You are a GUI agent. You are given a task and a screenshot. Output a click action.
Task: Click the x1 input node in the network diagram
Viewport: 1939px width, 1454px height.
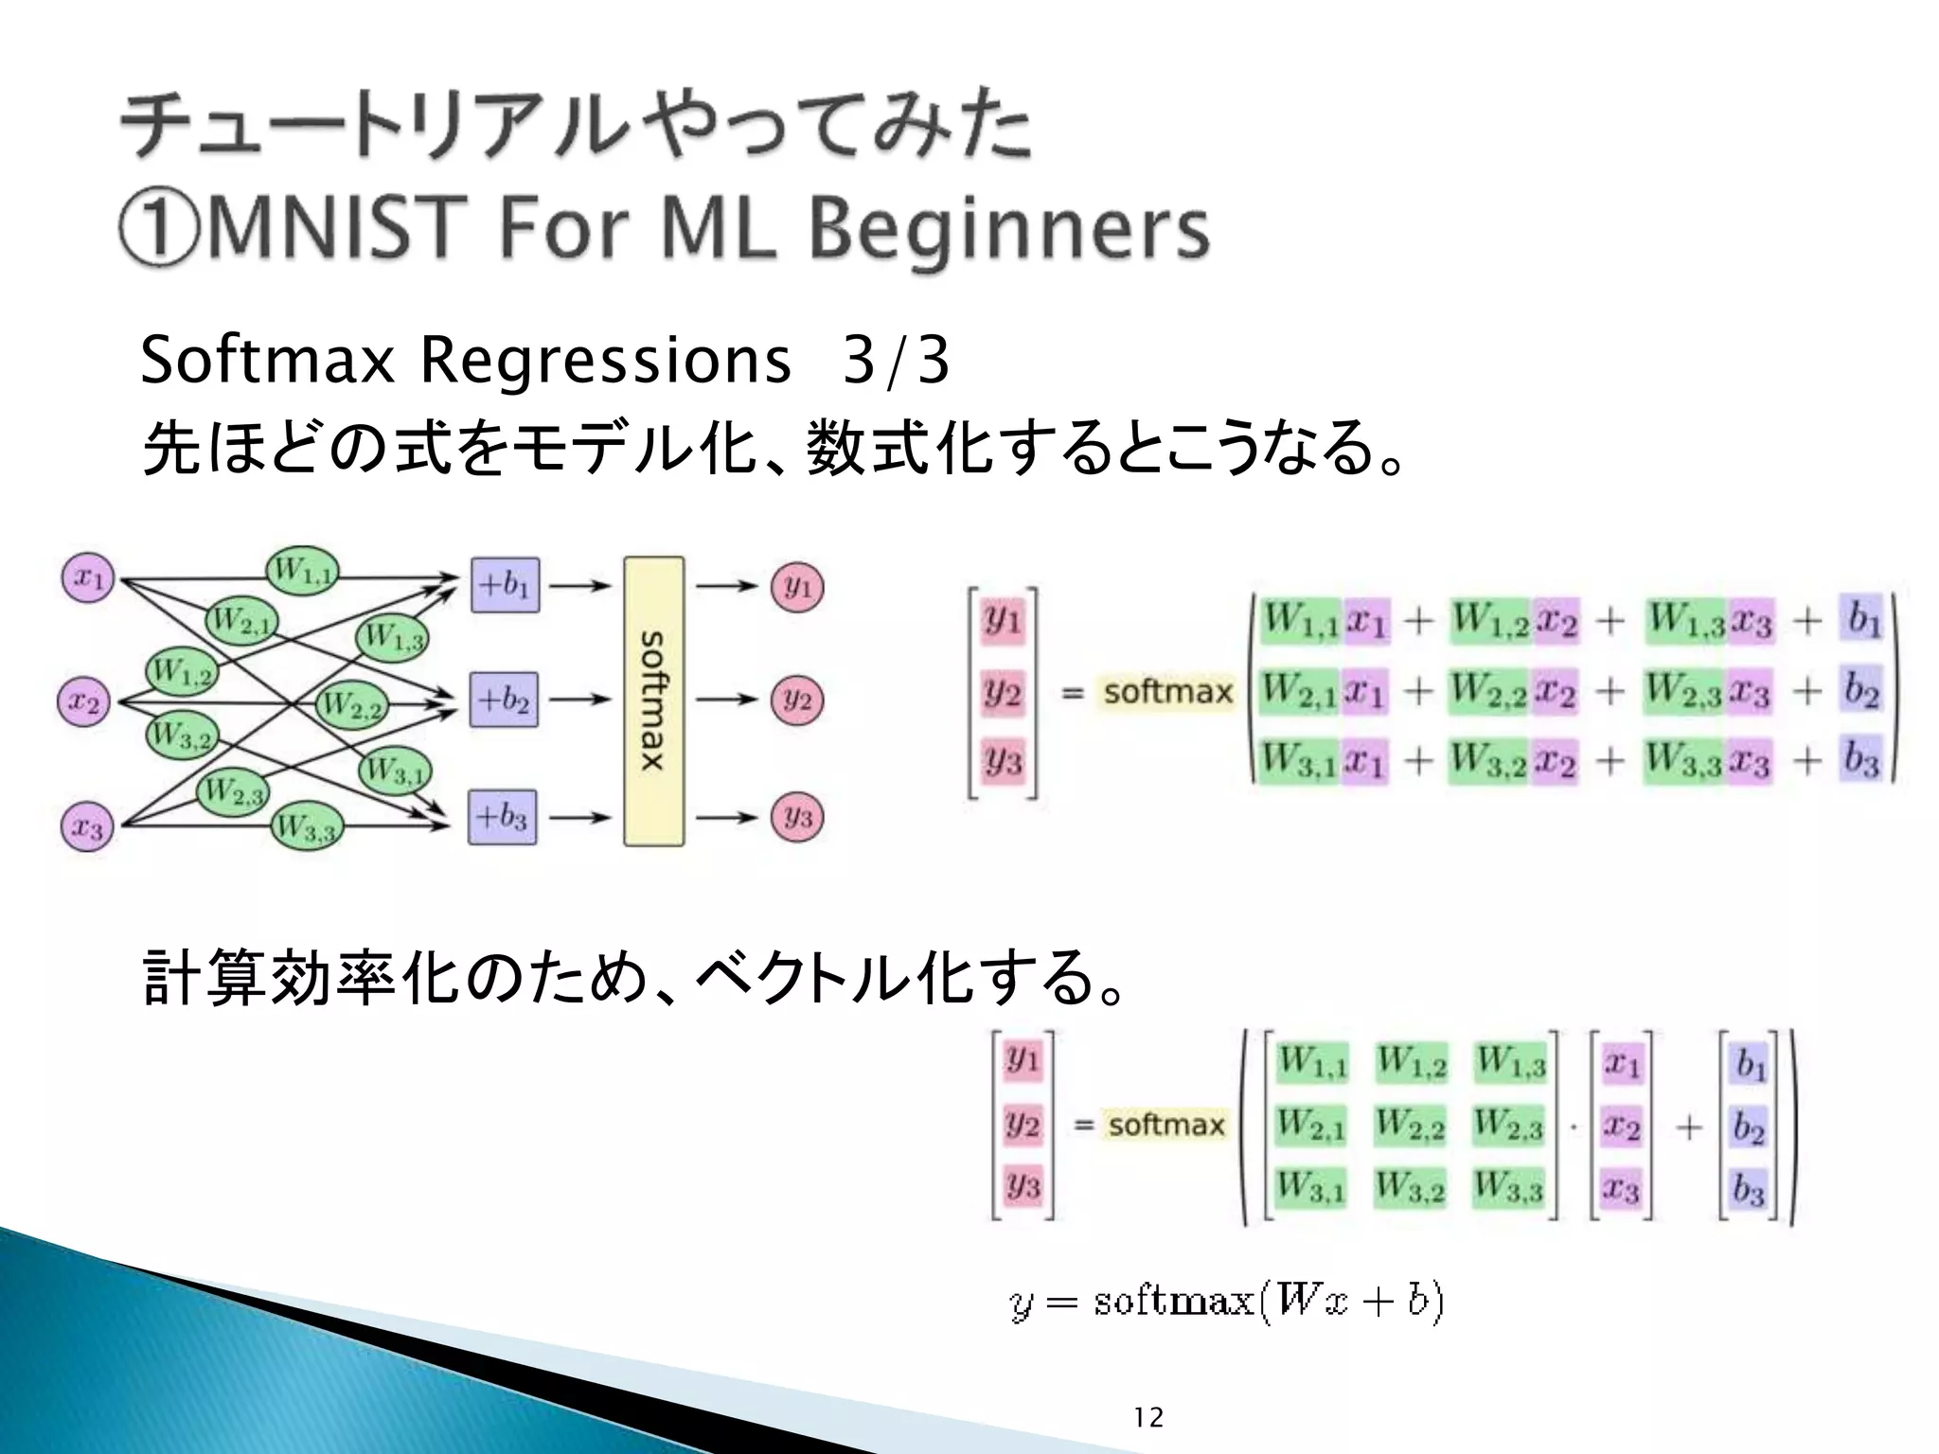tap(88, 576)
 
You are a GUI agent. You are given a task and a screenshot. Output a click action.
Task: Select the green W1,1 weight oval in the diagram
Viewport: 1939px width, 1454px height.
tap(301, 571)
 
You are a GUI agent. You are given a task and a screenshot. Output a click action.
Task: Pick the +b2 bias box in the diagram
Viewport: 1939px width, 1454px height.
tap(504, 700)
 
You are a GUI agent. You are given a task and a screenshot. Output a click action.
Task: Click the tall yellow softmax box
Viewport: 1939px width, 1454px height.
tap(653, 700)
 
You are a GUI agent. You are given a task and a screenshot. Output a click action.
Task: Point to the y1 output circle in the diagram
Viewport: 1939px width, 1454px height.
tap(797, 586)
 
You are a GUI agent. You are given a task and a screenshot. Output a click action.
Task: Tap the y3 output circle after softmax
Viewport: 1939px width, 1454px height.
tap(797, 816)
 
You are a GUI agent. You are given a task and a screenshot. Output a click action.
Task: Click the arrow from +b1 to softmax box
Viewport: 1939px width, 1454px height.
tap(579, 586)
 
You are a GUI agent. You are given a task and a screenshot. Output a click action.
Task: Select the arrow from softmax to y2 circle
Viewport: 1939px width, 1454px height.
tap(726, 700)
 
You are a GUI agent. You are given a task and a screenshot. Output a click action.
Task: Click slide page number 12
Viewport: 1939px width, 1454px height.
tap(1147, 1417)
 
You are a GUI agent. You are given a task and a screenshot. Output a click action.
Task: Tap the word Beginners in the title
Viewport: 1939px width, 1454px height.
tap(1009, 229)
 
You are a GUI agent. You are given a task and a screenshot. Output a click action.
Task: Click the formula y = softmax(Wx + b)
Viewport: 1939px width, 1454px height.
tap(1226, 1302)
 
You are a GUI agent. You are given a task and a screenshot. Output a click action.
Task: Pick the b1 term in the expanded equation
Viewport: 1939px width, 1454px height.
tap(1862, 620)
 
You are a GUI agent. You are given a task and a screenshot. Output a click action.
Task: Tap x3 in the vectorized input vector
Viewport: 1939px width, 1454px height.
tap(1621, 1187)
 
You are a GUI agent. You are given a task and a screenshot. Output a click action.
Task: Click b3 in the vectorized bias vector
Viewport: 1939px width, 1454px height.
tap(1749, 1187)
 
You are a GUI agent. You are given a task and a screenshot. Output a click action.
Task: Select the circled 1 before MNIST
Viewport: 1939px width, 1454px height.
tap(158, 230)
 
